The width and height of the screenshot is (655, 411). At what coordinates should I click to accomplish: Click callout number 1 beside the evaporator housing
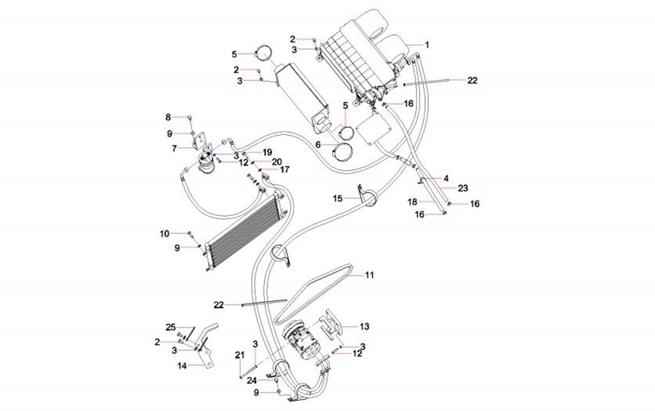point(427,45)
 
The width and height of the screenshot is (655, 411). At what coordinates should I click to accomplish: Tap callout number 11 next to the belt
point(370,275)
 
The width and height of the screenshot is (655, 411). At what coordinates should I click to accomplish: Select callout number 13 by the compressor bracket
point(365,326)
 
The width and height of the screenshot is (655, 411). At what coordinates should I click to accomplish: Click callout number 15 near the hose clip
point(338,198)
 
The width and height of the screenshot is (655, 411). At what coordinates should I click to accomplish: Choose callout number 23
point(463,188)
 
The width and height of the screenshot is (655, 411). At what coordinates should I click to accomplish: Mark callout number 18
point(412,201)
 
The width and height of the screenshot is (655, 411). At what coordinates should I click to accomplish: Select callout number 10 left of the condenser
point(164,233)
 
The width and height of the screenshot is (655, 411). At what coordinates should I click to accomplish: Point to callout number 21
point(239,356)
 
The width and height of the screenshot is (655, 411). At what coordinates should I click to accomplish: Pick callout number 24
point(252,380)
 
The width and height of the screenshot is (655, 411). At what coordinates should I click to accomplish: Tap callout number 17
point(284,169)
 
